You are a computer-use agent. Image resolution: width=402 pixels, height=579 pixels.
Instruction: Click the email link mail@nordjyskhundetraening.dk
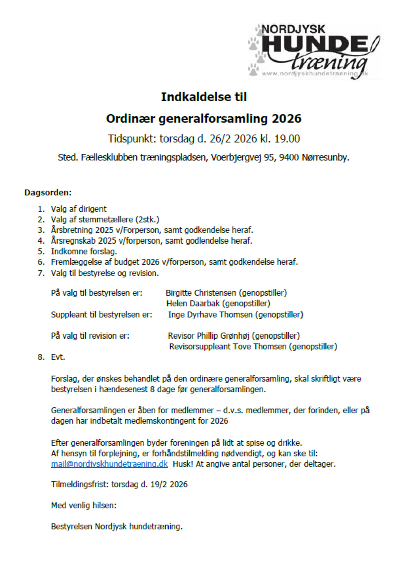click(109, 464)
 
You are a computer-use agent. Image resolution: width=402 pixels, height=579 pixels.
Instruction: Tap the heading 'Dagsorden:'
click(48, 193)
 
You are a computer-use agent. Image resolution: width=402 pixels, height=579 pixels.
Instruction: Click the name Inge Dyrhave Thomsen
click(210, 315)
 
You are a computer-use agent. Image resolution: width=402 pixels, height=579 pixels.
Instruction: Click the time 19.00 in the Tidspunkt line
click(287, 139)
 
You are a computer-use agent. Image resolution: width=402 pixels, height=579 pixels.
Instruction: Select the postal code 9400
click(289, 157)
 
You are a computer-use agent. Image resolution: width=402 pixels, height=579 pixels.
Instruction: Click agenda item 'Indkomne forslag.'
click(84, 251)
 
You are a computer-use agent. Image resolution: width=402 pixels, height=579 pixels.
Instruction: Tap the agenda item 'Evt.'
click(58, 357)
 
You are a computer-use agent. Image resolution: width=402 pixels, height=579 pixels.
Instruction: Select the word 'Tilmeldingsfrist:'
click(80, 485)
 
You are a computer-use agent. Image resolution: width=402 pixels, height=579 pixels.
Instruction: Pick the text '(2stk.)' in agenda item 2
click(147, 220)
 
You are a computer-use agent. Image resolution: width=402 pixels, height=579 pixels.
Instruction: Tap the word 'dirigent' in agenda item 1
click(92, 209)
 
